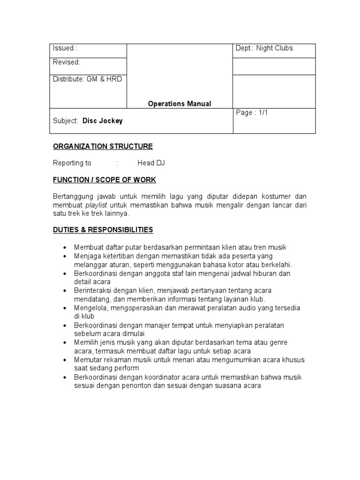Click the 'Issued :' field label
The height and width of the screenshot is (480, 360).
[x=65, y=48]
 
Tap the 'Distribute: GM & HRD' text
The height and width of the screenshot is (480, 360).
[x=87, y=79]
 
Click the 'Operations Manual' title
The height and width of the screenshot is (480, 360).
[x=180, y=104]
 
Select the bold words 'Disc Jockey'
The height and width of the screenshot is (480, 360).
[x=103, y=121]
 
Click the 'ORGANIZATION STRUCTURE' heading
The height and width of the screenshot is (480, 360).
[x=103, y=146]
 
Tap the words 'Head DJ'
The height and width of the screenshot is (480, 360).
[x=151, y=163]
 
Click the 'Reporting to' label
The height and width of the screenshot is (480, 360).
[x=72, y=163]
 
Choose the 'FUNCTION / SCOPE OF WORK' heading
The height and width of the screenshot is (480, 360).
[x=104, y=180]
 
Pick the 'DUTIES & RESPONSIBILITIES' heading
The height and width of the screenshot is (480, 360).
[x=103, y=230]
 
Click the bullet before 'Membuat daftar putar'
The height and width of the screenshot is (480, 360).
[x=64, y=247]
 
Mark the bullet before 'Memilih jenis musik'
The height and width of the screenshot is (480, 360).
[x=64, y=342]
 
